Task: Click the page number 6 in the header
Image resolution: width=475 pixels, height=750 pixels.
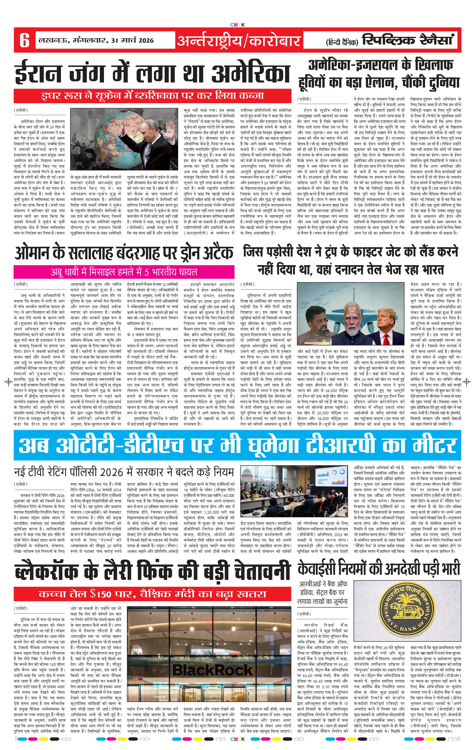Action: click(24, 41)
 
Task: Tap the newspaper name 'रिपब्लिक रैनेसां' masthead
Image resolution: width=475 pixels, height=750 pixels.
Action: click(408, 40)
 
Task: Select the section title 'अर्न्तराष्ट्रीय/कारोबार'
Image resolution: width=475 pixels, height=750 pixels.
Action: click(239, 41)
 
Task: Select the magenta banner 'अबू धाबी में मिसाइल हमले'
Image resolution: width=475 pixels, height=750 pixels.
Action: click(124, 272)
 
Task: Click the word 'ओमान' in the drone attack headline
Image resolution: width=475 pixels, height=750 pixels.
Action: click(32, 253)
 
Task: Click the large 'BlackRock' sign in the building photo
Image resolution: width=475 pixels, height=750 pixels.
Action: click(212, 670)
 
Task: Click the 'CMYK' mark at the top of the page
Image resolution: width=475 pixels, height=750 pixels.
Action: click(237, 25)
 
